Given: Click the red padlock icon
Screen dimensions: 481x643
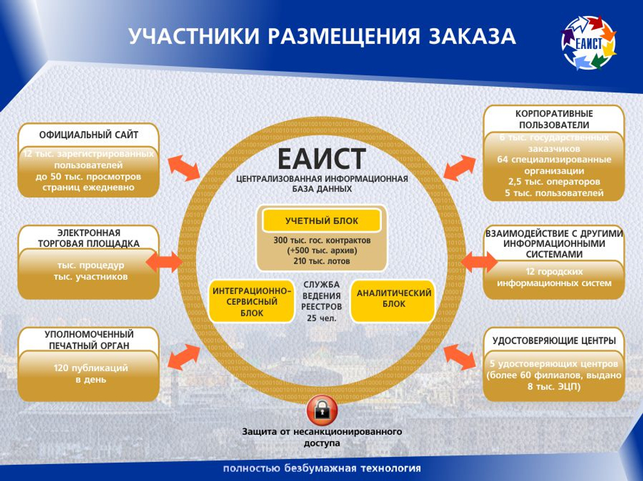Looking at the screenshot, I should [321, 408].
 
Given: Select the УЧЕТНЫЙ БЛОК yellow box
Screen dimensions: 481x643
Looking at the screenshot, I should [321, 221].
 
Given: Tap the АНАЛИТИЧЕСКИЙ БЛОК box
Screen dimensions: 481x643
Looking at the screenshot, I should [393, 298].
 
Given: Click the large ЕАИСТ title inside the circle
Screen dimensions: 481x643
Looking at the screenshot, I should [321, 158].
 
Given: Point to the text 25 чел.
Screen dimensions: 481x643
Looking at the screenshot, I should [321, 318].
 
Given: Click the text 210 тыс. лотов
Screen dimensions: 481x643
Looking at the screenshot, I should [321, 260].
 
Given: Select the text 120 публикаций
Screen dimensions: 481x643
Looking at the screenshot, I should [90, 368].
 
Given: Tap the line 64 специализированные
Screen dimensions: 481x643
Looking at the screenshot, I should [554, 159].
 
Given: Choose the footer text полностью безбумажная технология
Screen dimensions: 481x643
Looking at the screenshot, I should [321, 468].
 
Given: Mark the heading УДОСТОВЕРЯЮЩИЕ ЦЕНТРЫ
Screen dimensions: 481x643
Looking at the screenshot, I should [554, 340].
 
